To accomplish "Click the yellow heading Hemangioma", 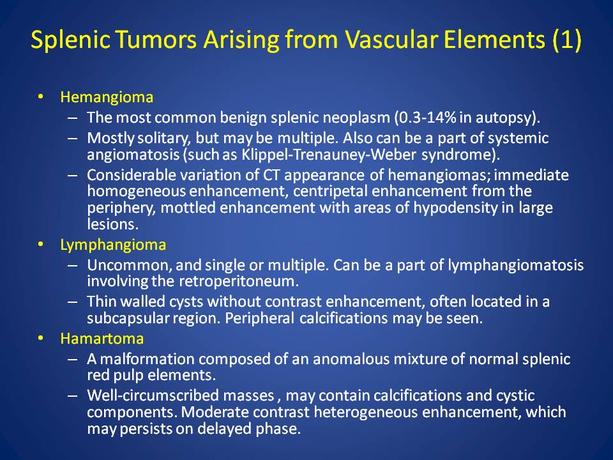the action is tap(107, 97).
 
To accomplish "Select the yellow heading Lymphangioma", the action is tap(113, 245).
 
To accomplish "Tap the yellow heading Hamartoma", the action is tap(102, 339).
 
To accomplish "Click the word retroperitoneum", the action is tap(239, 282).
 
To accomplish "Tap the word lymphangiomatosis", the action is tap(516, 266).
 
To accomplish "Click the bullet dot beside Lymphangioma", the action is tap(40, 245).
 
